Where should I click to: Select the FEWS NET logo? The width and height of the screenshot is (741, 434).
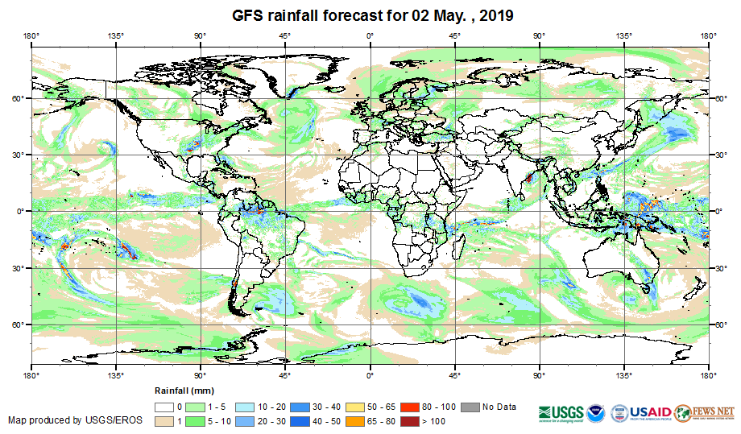(705, 411)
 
